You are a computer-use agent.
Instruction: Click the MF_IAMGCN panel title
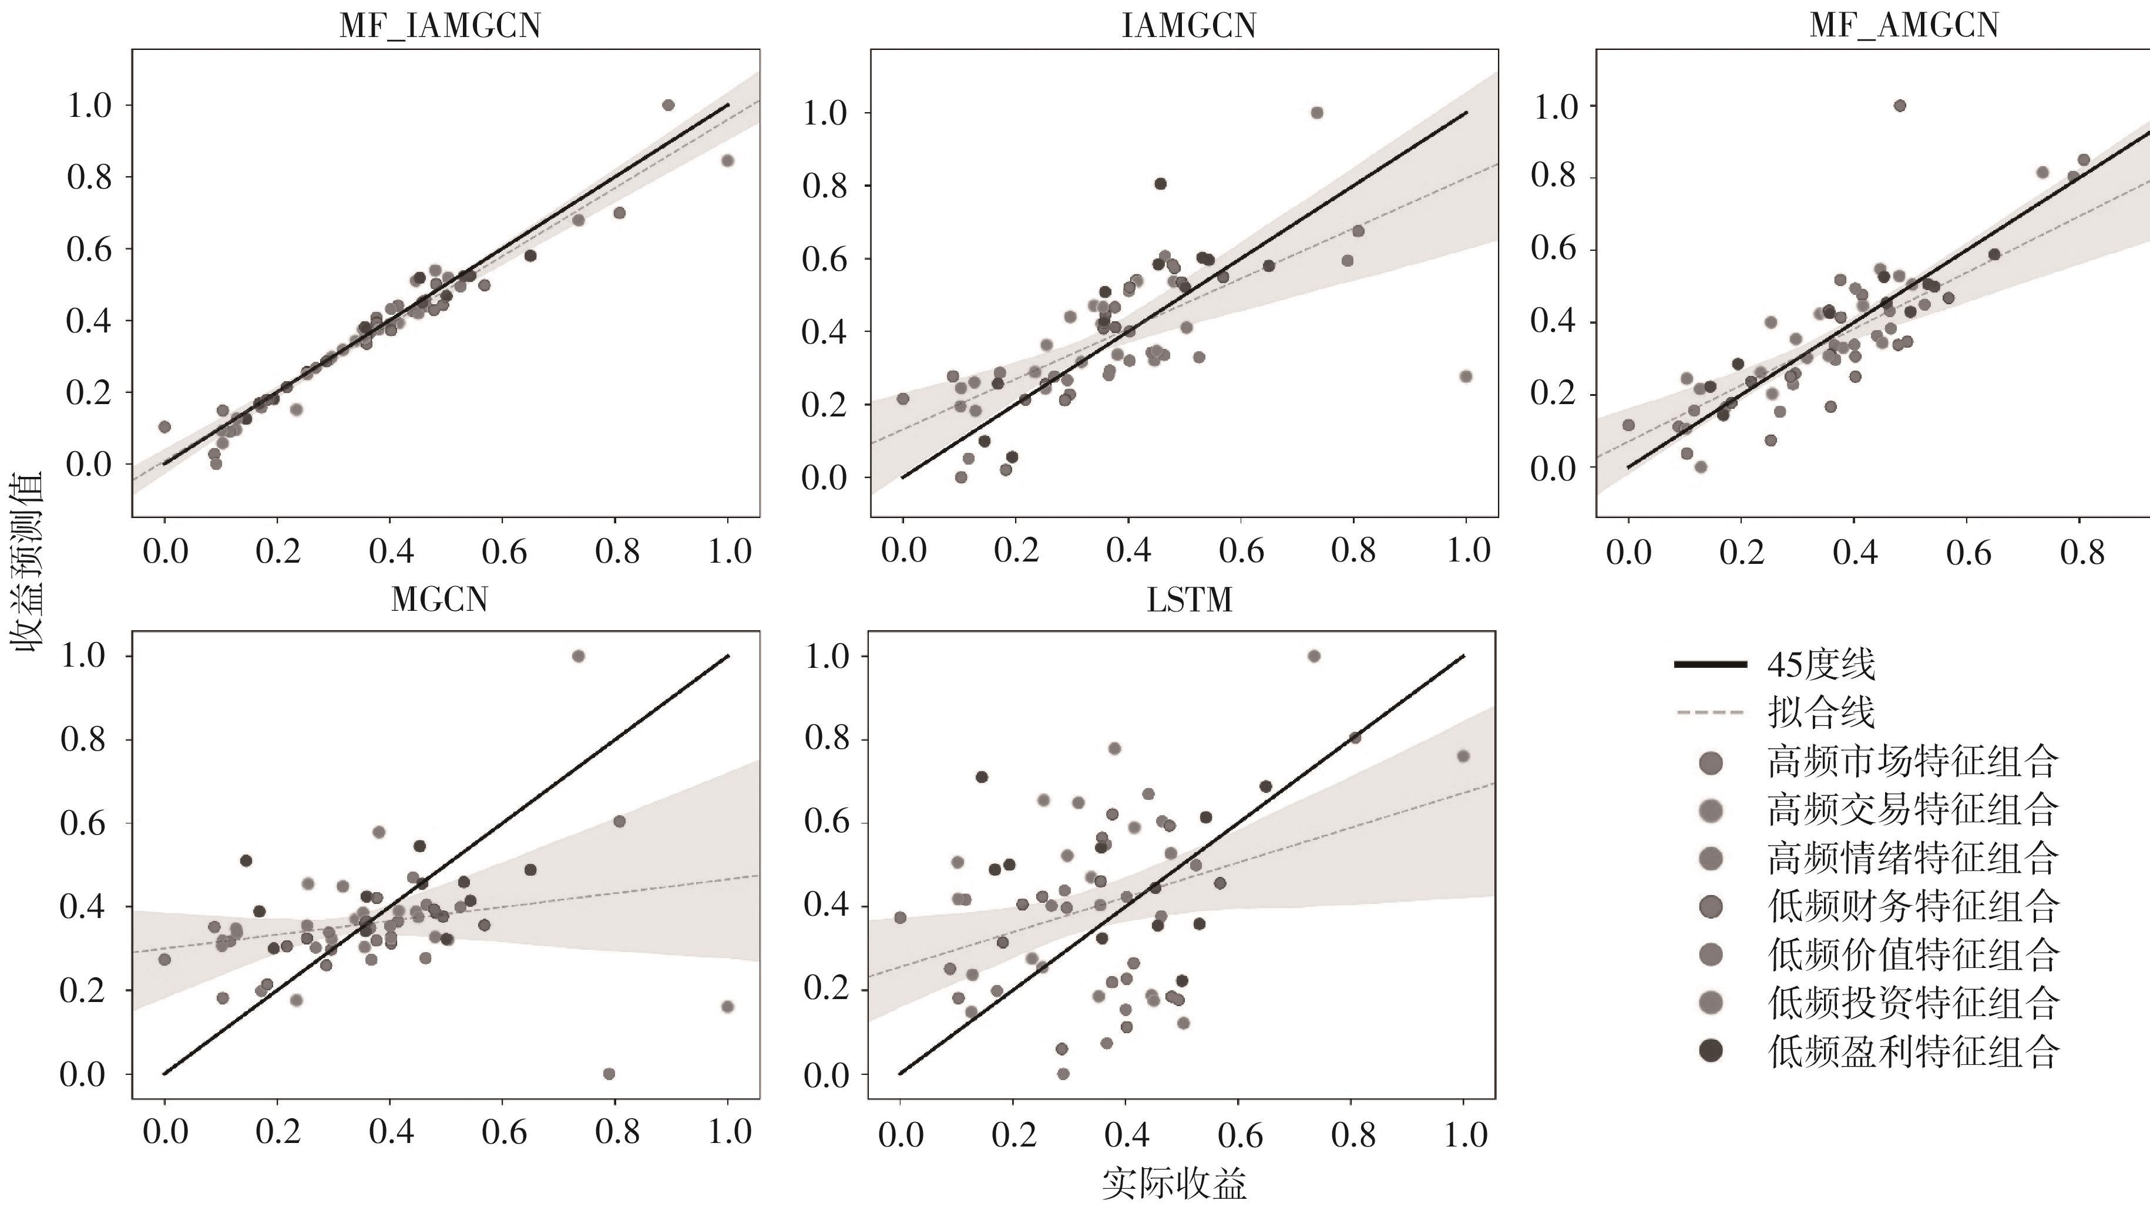pos(440,25)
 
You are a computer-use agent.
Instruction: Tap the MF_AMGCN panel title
pos(1904,25)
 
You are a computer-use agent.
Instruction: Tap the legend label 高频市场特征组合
pos(1912,761)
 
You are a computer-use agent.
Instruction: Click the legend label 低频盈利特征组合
pos(1912,1051)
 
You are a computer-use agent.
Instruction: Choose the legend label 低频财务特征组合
pos(1912,906)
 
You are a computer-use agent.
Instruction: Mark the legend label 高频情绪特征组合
pos(1912,858)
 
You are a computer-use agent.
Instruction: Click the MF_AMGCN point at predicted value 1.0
pos(1900,105)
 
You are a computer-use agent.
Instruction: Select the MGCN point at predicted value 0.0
pos(609,1074)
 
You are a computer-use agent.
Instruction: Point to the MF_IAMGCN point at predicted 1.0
pos(668,105)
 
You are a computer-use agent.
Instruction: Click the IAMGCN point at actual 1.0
pos(1466,376)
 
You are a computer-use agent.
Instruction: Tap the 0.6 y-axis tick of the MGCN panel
pos(83,823)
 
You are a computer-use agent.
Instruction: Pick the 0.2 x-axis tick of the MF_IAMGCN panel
pos(278,551)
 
